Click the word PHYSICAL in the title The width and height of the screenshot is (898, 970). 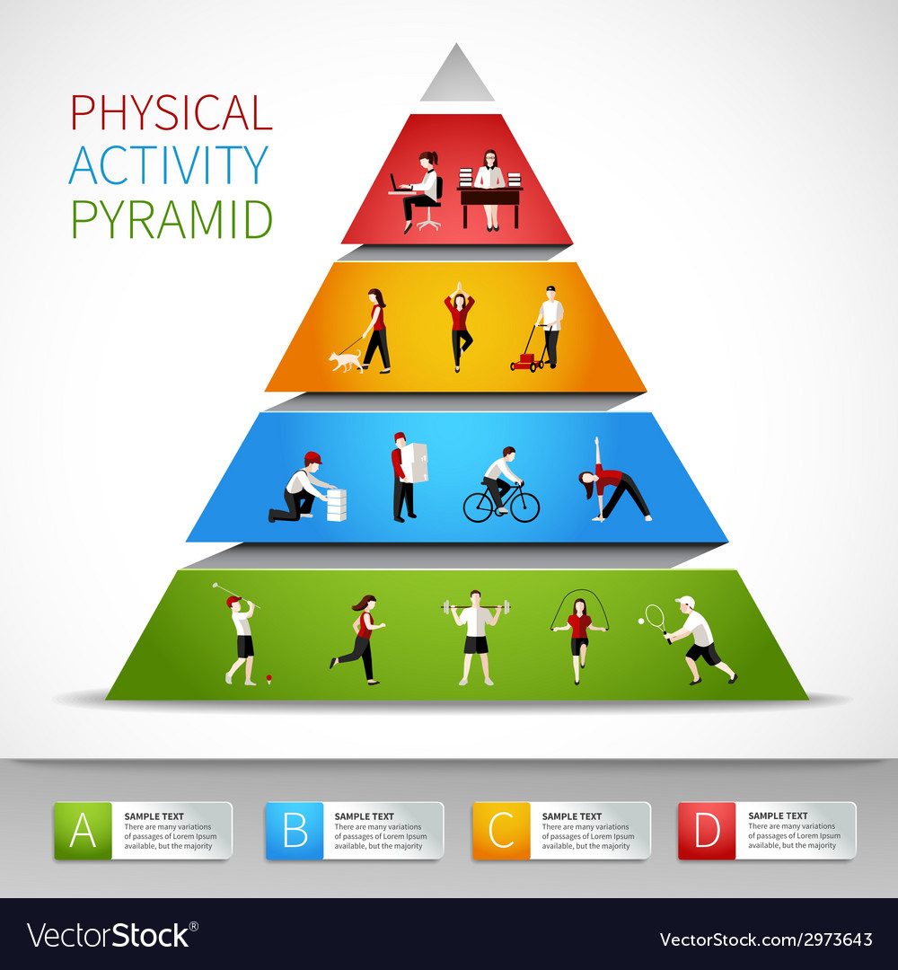[171, 113]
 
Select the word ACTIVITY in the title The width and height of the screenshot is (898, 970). [169, 165]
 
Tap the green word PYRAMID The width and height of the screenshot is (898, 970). [172, 219]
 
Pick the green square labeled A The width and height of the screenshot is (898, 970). [83, 831]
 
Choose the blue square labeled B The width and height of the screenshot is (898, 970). [295, 831]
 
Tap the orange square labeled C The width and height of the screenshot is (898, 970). [502, 831]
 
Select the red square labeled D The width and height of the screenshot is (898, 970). [707, 831]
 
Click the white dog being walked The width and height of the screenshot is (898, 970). [345, 361]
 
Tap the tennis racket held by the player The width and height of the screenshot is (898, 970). [656, 617]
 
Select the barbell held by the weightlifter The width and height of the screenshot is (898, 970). [475, 608]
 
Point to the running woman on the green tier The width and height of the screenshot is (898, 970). [361, 638]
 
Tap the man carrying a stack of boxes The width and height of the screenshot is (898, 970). [406, 476]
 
